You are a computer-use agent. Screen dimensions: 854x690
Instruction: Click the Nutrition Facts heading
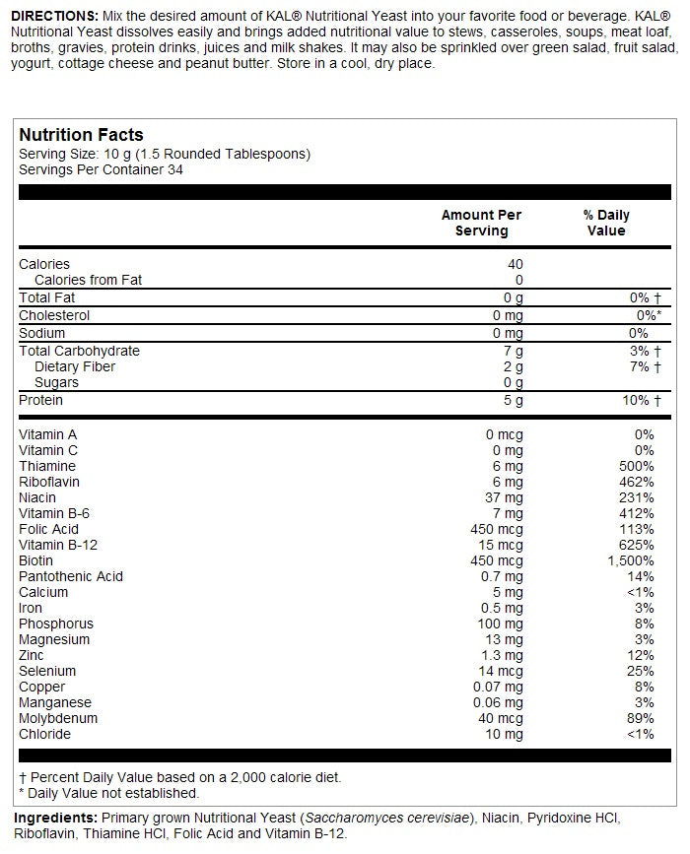pos(82,135)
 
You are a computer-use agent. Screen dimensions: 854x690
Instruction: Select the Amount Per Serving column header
pos(481,223)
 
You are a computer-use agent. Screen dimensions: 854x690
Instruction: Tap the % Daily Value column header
pos(606,223)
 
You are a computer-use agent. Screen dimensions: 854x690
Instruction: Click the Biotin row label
pos(36,560)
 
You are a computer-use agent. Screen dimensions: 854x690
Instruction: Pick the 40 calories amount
pos(515,264)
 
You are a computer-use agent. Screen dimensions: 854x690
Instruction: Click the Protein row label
pos(41,400)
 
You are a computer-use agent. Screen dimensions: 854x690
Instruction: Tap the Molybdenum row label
pos(59,718)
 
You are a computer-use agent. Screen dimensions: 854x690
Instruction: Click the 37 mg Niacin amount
pos(504,497)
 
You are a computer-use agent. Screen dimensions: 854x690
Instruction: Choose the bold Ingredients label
pos(56,818)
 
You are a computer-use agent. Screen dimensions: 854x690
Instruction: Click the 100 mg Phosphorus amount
pos(501,624)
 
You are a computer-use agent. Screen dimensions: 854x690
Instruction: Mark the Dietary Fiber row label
pos(75,366)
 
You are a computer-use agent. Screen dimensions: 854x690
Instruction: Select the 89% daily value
pos(641,718)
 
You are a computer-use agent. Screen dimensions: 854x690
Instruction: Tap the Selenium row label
pos(47,671)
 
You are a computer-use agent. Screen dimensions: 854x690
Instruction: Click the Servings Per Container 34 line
pos(102,169)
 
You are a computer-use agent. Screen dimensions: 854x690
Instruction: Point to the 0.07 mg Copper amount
pos(497,687)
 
